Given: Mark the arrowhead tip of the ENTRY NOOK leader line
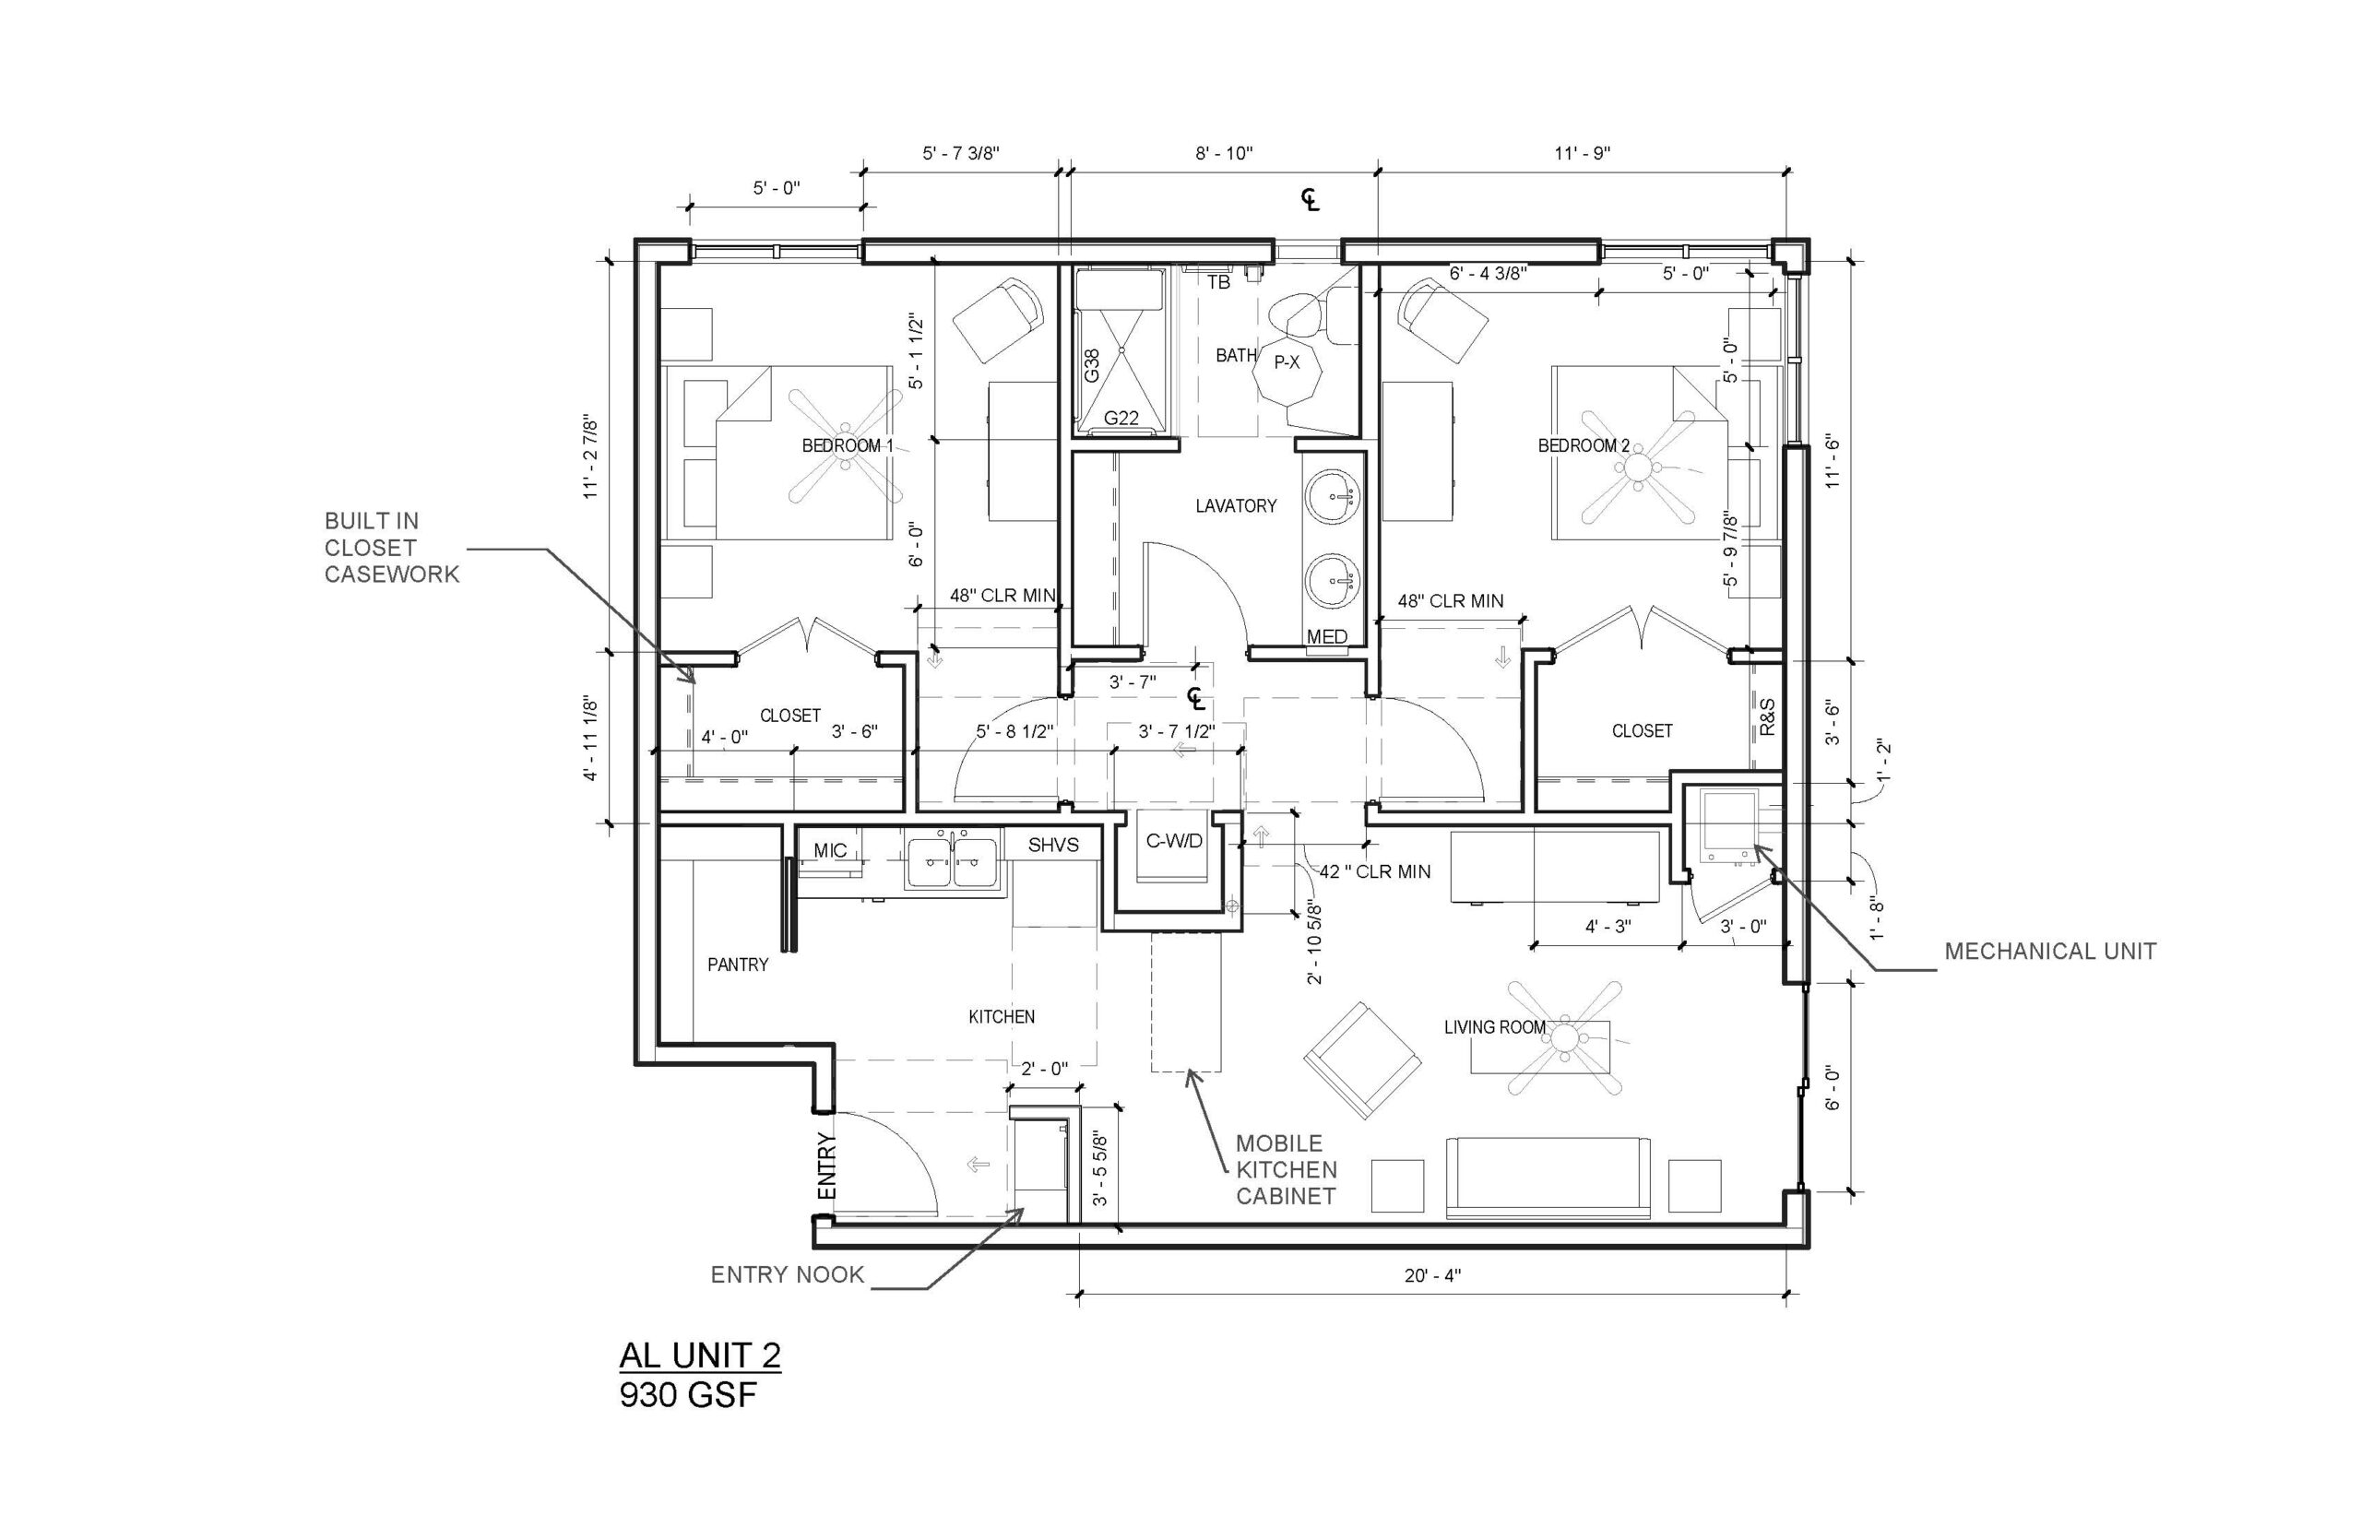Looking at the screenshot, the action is pyautogui.click(x=1025, y=1209).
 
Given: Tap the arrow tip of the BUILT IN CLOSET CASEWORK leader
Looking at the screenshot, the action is pyautogui.click(x=692, y=684).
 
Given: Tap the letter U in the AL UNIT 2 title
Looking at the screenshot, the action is pyautogui.click(x=687, y=1355).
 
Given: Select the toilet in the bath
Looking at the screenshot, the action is pyautogui.click(x=1302, y=314).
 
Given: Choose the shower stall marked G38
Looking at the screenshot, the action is pyautogui.click(x=1121, y=352).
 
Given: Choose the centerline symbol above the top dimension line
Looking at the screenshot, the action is pyautogui.click(x=1311, y=200).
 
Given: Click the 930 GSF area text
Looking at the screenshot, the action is pyautogui.click(x=687, y=1395).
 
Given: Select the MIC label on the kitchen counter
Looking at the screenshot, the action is pyautogui.click(x=830, y=850).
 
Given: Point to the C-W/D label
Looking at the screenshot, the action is pyautogui.click(x=1174, y=841).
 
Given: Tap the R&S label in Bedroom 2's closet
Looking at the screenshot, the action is pyautogui.click(x=1767, y=716).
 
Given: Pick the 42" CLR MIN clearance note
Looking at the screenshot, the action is pyautogui.click(x=1374, y=871).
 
